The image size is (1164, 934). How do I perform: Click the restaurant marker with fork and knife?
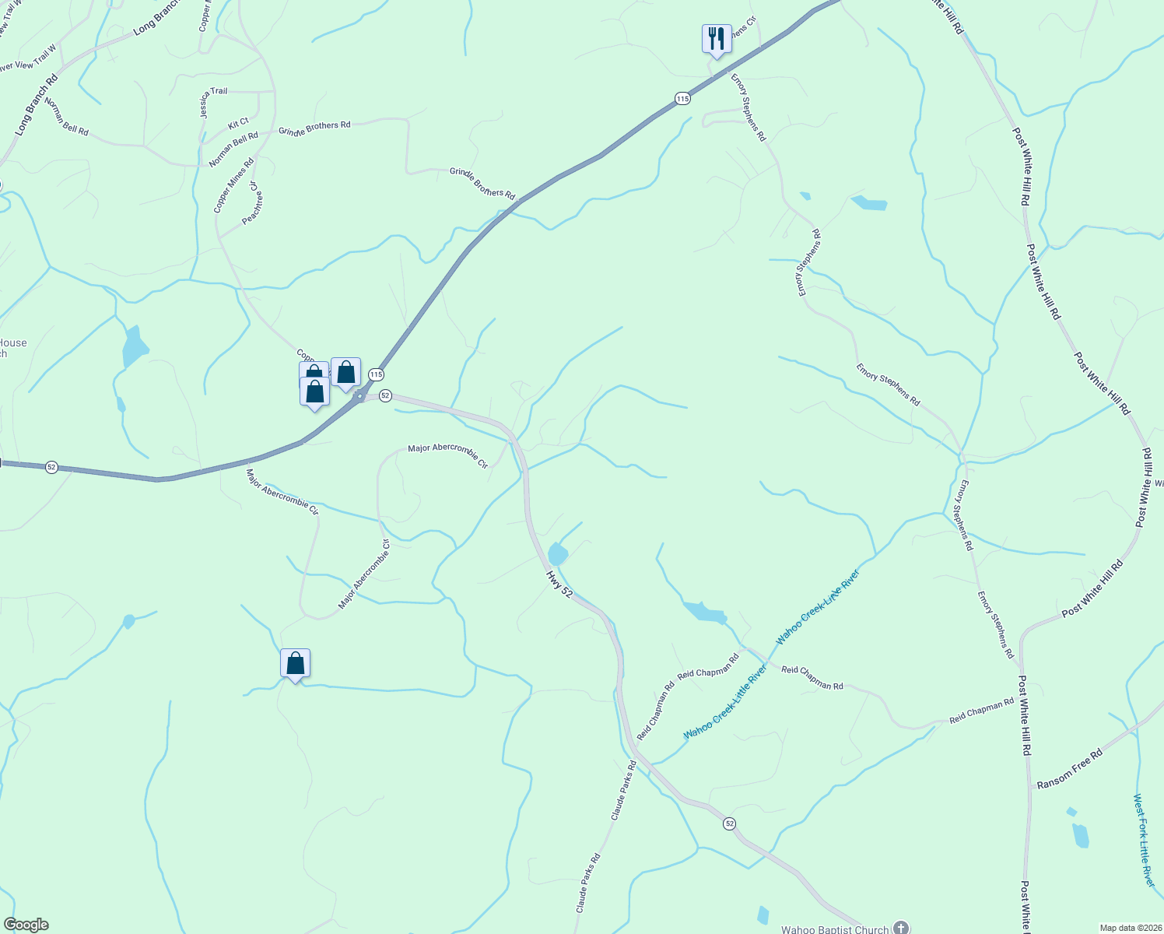coord(717,38)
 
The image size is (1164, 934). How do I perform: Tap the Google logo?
coord(26,925)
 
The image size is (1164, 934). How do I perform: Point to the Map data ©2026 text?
coord(1129,928)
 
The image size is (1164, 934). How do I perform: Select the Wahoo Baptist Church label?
coord(834,929)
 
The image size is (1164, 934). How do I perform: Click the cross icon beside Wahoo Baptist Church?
coord(900,928)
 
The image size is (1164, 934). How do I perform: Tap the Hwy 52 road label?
coord(559,583)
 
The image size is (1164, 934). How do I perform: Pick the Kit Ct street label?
coord(238,123)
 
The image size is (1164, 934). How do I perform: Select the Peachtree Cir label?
coord(249,203)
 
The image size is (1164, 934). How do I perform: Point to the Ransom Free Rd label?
coord(1070,769)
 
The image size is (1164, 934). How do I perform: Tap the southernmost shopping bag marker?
coord(295,663)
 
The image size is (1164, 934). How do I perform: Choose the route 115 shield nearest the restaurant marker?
coord(682,98)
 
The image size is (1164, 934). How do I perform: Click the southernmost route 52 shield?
coord(728,823)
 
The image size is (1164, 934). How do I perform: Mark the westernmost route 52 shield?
coord(51,467)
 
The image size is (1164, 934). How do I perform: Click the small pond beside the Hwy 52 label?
coord(557,553)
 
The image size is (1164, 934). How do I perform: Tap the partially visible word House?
coord(13,343)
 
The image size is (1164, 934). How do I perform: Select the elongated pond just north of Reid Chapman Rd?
coord(704,612)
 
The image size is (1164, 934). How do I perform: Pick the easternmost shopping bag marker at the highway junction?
coord(345,372)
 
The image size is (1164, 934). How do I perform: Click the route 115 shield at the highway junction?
coord(377,374)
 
